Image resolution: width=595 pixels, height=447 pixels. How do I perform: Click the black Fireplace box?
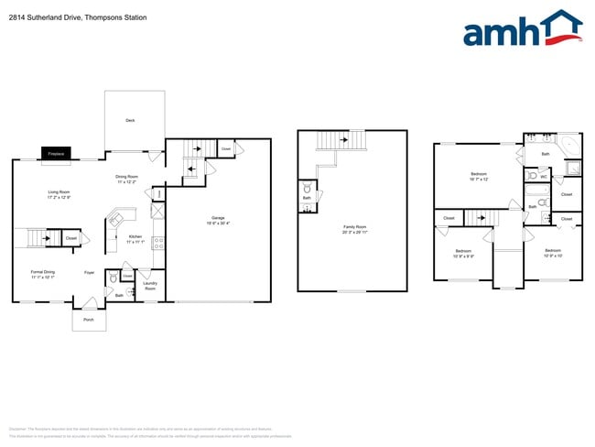point(56,154)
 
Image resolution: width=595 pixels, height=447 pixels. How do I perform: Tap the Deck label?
point(130,120)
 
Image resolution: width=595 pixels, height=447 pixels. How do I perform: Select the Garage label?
point(218,218)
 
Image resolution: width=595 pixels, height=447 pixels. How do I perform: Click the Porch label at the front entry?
point(89,320)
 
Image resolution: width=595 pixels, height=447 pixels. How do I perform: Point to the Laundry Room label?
point(150,286)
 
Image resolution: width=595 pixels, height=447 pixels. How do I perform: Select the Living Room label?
point(59,193)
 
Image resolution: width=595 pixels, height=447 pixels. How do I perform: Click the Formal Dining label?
point(43,273)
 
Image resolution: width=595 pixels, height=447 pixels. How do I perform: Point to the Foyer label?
point(90,272)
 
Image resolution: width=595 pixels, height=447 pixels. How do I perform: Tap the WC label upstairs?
point(543,176)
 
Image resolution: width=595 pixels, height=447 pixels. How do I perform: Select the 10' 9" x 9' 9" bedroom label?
point(463,253)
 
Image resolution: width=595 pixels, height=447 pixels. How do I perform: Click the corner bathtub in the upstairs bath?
point(568,144)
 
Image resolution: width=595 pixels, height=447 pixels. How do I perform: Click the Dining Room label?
point(126,179)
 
